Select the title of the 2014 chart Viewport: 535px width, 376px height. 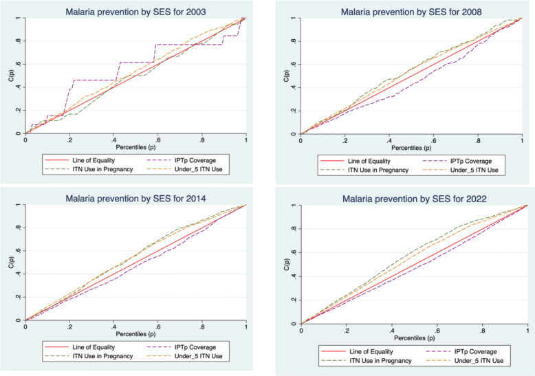[135, 198]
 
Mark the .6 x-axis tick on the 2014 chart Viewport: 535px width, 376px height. [157, 327]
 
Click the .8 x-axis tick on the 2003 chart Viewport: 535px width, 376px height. [201, 140]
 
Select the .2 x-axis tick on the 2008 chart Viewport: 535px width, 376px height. [345, 140]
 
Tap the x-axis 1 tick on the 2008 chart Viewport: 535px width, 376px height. [522, 140]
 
